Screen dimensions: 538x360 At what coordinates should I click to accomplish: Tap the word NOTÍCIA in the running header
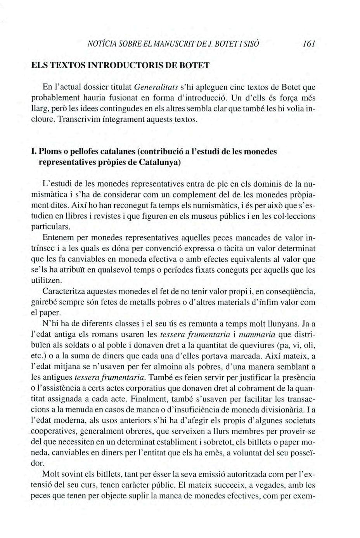(102, 44)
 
